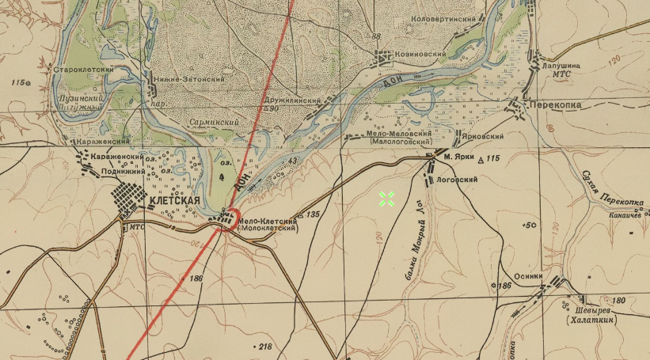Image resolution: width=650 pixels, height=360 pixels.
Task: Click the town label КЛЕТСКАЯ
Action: (173, 201)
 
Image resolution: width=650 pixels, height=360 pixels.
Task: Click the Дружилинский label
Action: (292, 101)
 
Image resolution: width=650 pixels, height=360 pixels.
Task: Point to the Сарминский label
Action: (211, 122)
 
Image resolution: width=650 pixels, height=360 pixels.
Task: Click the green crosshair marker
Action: (386, 199)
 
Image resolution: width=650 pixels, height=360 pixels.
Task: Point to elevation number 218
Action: (264, 347)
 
